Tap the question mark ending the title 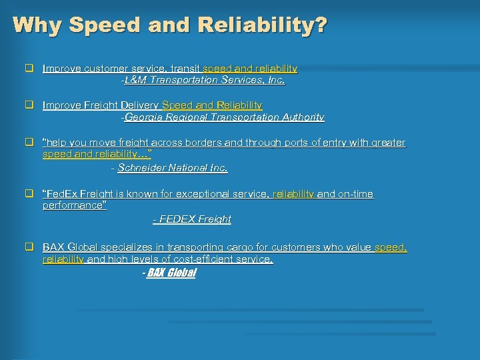click(321, 25)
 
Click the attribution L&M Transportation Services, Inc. click(204, 80)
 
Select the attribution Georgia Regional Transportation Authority click(224, 117)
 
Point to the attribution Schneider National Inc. click(172, 168)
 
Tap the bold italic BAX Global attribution click(171, 273)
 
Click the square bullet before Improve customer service click(29, 68)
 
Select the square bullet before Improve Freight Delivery click(29, 105)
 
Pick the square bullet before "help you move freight click(29, 143)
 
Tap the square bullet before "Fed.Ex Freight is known click(29, 194)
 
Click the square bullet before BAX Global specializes click(29, 247)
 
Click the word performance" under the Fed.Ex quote click(74, 205)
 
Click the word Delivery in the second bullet click(140, 105)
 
